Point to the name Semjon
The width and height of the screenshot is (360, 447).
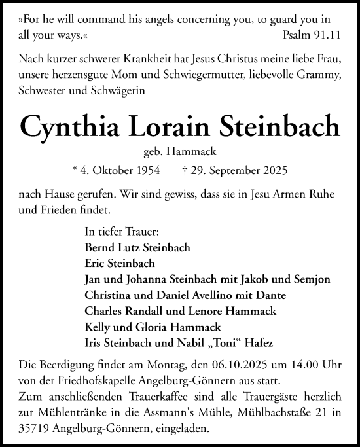(312, 279)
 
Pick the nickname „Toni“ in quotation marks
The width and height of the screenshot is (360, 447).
(223, 342)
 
